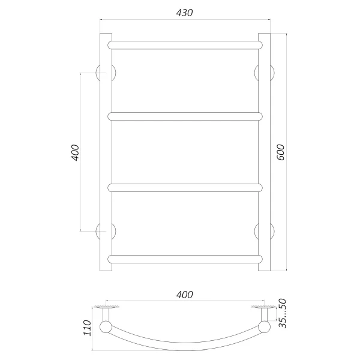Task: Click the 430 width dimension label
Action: pyautogui.click(x=184, y=13)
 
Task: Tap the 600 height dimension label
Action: pyautogui.click(x=281, y=152)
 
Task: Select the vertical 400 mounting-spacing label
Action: pyautogui.click(x=75, y=152)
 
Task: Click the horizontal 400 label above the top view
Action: pyautogui.click(x=185, y=295)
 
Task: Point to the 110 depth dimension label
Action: pyautogui.click(x=87, y=328)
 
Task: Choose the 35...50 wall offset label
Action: pyautogui.click(x=283, y=313)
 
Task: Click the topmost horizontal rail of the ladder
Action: pyautogui.click(x=185, y=45)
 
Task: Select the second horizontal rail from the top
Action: pyautogui.click(x=185, y=116)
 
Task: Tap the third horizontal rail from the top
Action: pyautogui.click(x=185, y=188)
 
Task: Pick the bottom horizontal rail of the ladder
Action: pyautogui.click(x=185, y=259)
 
